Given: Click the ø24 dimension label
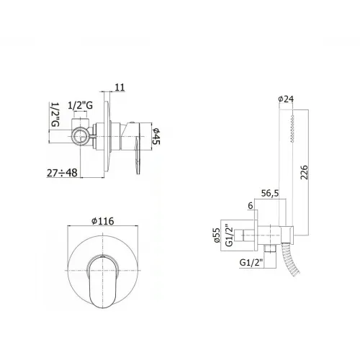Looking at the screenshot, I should pos(286,100).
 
